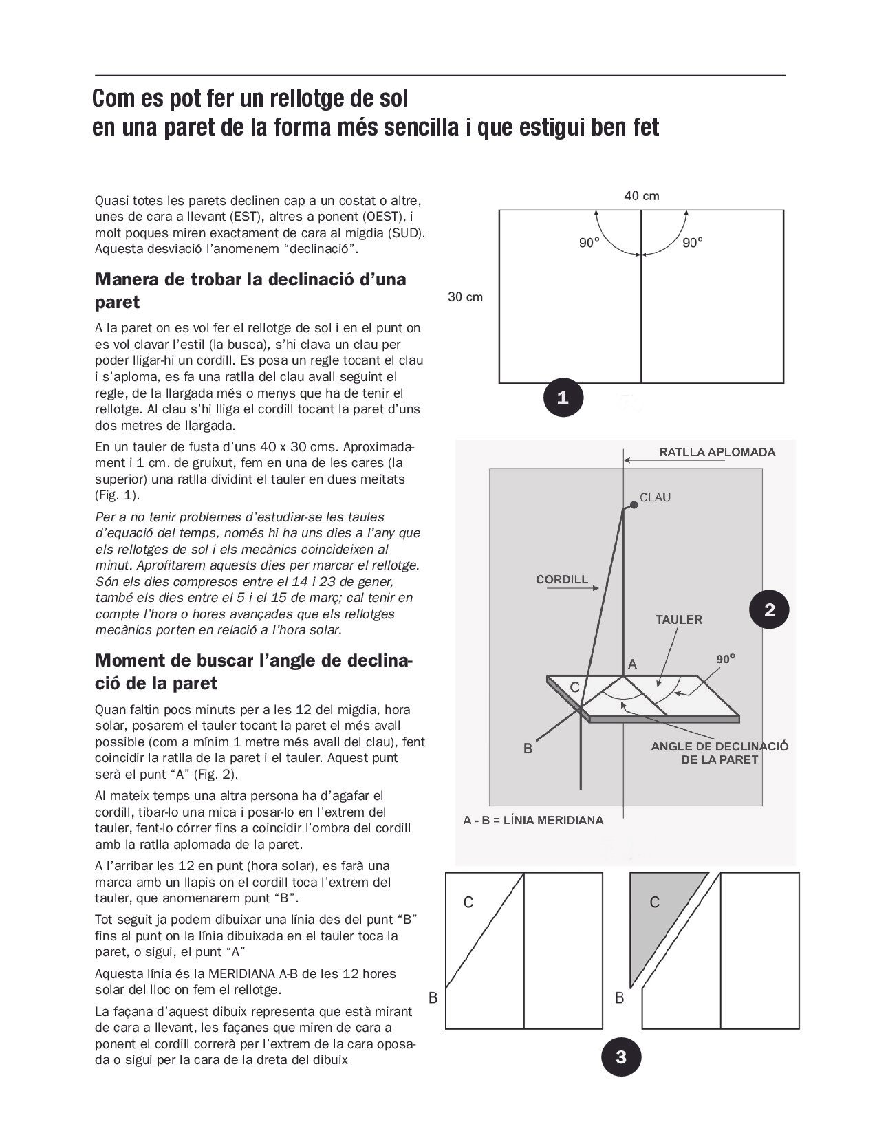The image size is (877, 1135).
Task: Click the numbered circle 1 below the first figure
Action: [x=563, y=397]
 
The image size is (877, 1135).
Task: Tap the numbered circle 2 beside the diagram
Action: [x=769, y=609]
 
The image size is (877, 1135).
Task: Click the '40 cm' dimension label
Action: [x=641, y=196]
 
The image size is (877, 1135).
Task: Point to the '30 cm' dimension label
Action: [x=465, y=297]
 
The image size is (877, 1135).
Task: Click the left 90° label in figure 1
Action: [x=588, y=243]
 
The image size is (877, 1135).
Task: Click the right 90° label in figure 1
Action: [x=692, y=243]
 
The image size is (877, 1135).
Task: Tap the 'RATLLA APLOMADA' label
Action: [x=717, y=453]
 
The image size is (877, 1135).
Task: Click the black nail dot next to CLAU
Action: [x=634, y=504]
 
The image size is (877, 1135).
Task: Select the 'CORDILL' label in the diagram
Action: [x=562, y=579]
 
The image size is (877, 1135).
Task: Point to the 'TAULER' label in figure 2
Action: [x=679, y=620]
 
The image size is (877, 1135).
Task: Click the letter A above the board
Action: [x=633, y=664]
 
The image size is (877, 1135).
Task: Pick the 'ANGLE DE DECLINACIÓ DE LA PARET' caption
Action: [x=719, y=753]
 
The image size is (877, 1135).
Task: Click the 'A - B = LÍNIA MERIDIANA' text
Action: [x=533, y=820]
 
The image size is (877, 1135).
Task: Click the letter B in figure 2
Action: [x=528, y=748]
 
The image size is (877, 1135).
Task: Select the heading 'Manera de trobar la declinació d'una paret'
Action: [x=250, y=290]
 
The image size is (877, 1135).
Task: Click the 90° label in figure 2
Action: [x=726, y=659]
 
